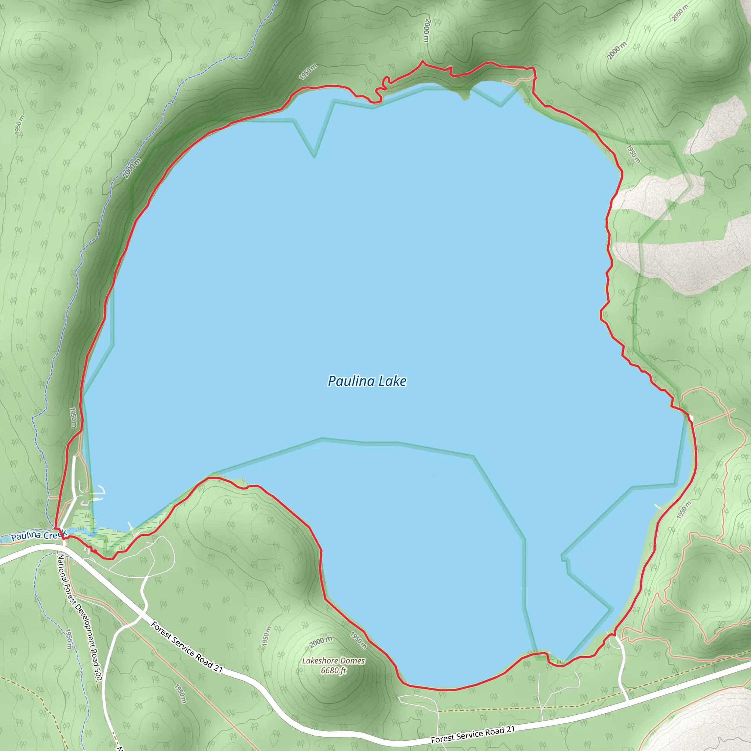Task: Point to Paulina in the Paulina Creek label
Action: click(26, 537)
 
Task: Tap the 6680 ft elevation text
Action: click(333, 671)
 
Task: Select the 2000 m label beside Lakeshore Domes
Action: click(321, 642)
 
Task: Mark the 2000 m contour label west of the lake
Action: click(132, 168)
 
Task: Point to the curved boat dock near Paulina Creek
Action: click(100, 491)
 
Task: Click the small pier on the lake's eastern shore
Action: click(660, 507)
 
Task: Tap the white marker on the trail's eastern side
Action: click(691, 418)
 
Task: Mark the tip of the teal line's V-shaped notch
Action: click(314, 157)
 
